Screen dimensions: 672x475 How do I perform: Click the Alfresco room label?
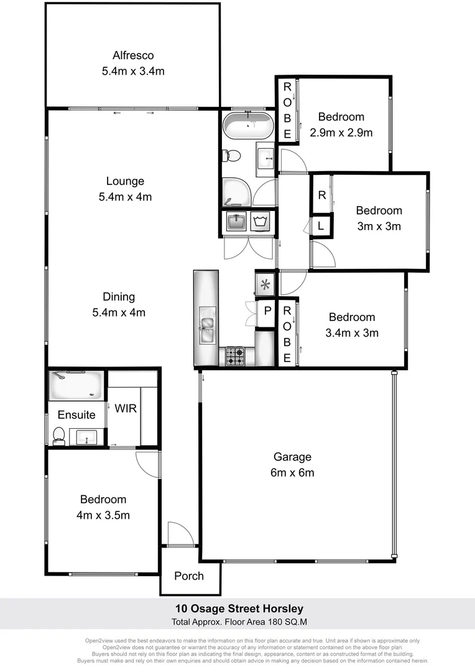[133, 55]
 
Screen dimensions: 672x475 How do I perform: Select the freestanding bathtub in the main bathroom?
[248, 127]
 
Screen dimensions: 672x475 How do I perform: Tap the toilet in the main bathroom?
[229, 156]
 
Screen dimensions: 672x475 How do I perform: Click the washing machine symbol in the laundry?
[259, 221]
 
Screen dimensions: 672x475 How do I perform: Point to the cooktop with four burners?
[236, 357]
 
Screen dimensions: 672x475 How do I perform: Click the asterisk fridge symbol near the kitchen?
[265, 286]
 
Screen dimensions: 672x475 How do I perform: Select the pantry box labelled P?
[267, 310]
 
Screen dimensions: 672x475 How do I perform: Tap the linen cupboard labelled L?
[320, 226]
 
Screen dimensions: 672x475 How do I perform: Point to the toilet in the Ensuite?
[59, 436]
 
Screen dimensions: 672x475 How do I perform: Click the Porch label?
[189, 576]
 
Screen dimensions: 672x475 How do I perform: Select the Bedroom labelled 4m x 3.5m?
[103, 507]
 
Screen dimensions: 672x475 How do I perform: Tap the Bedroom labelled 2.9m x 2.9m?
[341, 124]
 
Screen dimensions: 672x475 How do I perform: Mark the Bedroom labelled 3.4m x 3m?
[352, 325]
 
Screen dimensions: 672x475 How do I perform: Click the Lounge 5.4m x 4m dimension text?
[125, 197]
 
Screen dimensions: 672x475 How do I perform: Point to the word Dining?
[119, 297]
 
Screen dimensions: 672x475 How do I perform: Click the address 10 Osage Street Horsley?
[237, 609]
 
